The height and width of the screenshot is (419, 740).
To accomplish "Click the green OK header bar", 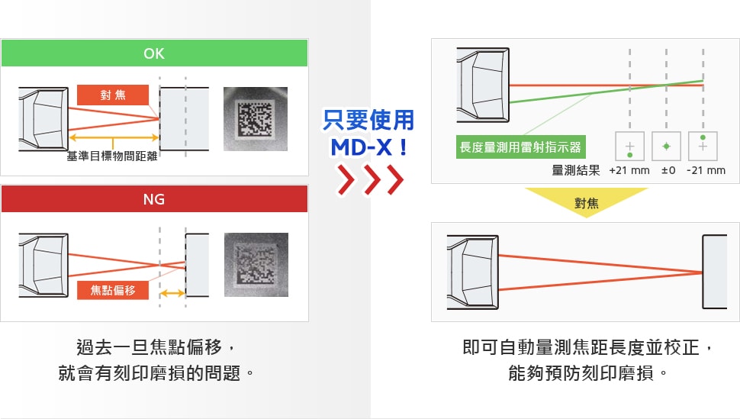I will pos(154,53).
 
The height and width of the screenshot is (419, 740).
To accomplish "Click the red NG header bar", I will pos(154,199).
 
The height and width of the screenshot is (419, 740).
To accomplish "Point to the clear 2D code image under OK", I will pos(256,118).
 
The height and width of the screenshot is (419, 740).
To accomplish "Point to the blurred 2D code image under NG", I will pos(256,265).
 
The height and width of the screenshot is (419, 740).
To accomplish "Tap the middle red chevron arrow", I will pos(370,182).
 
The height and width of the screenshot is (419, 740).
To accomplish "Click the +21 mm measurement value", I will pos(629,170).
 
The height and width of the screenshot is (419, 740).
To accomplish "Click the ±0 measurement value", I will pos(668,170).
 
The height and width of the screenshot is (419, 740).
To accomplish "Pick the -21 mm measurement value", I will pos(706,170).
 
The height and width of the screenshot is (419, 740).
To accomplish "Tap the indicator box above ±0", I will pos(666,146).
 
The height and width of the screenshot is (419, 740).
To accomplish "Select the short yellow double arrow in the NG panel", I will pos(172,293).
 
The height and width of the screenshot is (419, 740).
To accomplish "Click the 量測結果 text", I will pos(576,170).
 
